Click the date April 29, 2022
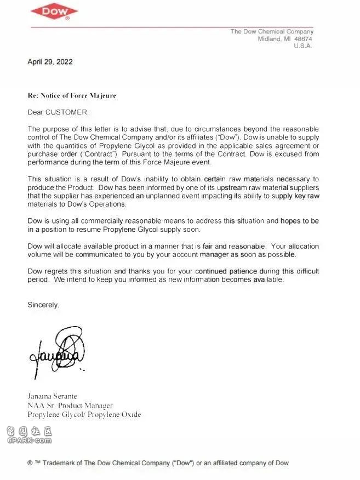point(50,62)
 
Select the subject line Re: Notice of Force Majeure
point(72,95)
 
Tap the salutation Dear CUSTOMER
point(58,112)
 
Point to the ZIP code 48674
point(302,39)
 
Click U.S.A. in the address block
point(302,46)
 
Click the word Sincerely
point(43,305)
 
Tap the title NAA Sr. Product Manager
point(70,405)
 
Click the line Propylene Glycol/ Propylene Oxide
point(84,415)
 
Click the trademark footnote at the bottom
point(158,463)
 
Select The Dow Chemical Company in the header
point(272,31)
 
